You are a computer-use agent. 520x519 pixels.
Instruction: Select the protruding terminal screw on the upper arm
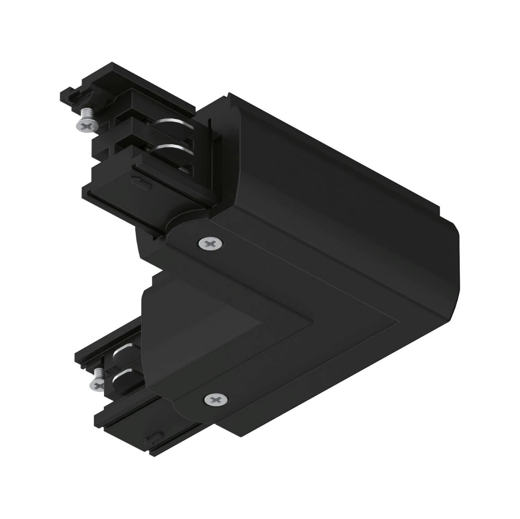coord(84,121)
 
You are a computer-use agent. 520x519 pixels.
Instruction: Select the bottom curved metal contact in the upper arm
coord(169,149)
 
